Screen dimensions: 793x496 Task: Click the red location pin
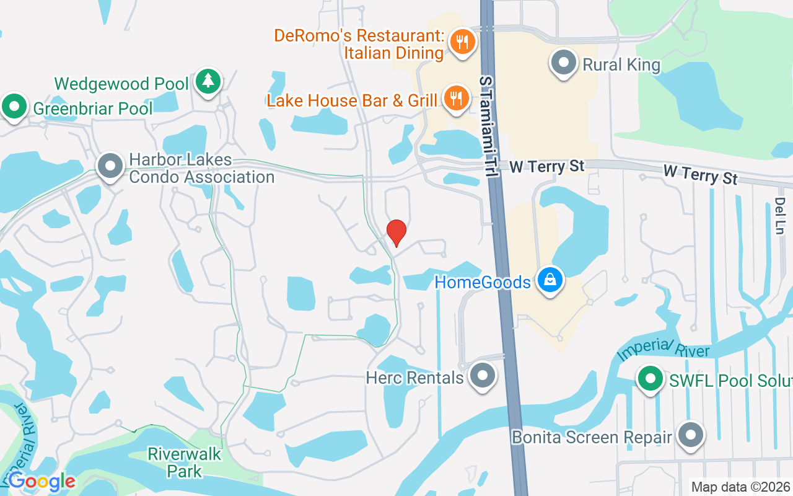(x=396, y=232)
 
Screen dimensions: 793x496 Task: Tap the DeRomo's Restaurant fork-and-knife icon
(x=462, y=42)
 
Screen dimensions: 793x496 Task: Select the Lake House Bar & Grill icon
(x=457, y=99)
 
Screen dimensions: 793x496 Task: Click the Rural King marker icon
(x=564, y=63)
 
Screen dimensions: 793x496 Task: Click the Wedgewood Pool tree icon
(x=208, y=81)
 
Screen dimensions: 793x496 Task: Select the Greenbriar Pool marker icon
(x=14, y=106)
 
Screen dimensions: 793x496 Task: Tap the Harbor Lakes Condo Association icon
(x=111, y=166)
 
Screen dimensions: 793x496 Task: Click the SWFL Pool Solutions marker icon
(x=650, y=378)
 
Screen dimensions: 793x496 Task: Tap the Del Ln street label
(x=780, y=216)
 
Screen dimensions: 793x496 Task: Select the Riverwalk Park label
(x=184, y=463)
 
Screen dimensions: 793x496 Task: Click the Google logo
(x=42, y=481)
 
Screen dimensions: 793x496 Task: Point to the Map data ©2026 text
(x=740, y=487)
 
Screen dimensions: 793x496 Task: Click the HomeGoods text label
(x=483, y=283)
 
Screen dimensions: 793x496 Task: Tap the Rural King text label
(x=621, y=64)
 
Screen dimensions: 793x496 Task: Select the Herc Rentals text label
(x=414, y=378)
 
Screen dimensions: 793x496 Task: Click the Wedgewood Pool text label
(x=121, y=84)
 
